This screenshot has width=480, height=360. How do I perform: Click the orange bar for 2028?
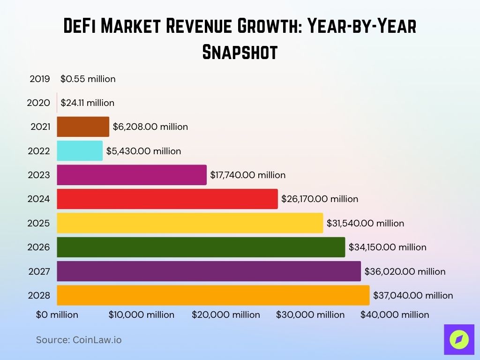click(213, 295)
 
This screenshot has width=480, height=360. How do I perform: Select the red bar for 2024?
click(167, 199)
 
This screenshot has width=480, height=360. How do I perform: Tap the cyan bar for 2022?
click(80, 151)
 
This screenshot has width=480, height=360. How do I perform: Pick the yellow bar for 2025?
click(190, 223)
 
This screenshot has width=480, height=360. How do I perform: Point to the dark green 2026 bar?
click(201, 247)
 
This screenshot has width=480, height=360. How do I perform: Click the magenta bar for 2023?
click(131, 175)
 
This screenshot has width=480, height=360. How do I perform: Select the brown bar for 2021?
click(83, 127)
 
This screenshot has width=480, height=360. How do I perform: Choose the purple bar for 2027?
click(209, 271)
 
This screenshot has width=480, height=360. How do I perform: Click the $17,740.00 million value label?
click(247, 175)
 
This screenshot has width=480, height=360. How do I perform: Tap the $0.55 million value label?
click(88, 79)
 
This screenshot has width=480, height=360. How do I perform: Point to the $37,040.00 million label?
click(413, 295)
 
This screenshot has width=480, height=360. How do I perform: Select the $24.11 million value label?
click(87, 103)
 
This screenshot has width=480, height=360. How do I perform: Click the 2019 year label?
click(40, 79)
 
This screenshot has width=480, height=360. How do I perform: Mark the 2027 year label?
click(39, 271)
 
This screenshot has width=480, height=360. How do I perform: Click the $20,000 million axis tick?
click(225, 315)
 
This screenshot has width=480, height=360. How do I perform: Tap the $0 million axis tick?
click(57, 315)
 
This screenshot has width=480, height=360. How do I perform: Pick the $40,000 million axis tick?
click(394, 315)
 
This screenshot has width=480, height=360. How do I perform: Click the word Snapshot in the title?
click(240, 52)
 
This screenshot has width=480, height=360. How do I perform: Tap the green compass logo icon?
click(458, 339)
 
